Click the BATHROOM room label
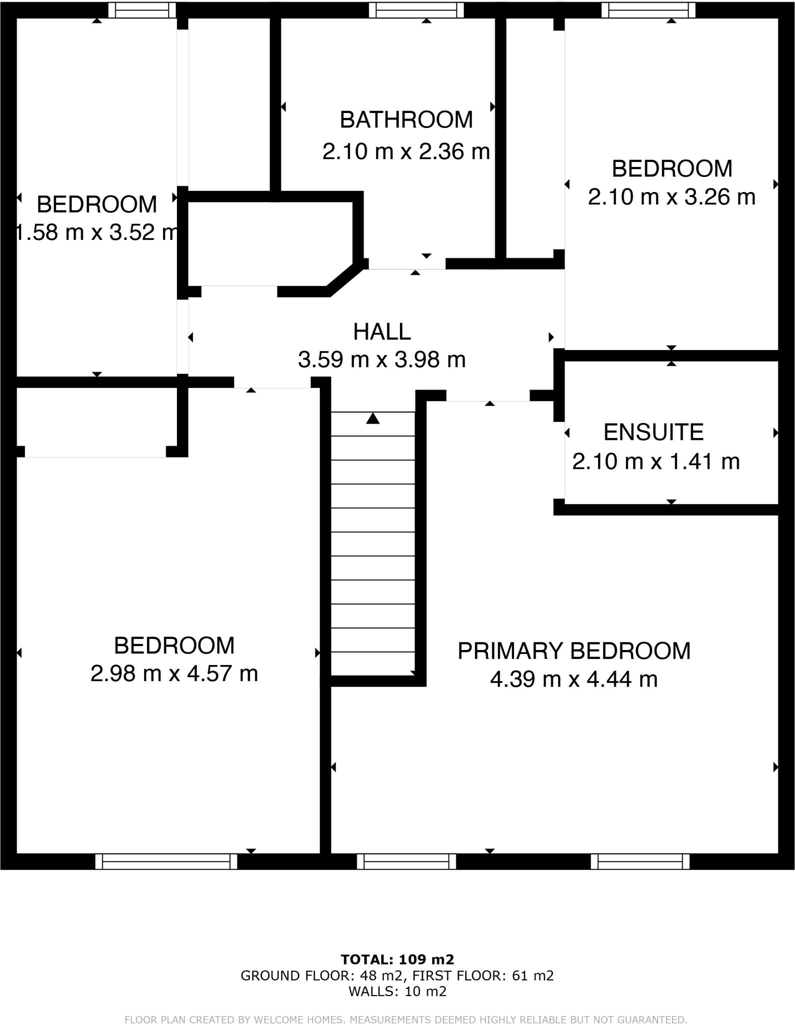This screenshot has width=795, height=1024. click(x=406, y=120)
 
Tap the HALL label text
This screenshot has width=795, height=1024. click(x=382, y=332)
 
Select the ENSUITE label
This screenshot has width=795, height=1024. click(x=653, y=432)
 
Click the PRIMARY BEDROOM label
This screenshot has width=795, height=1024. click(x=574, y=651)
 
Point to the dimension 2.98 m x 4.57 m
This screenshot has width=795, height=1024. click(x=174, y=673)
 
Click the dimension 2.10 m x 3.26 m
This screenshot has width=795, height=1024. click(x=671, y=197)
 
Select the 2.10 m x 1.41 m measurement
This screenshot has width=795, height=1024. click(x=655, y=461)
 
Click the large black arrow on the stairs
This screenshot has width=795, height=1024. click(x=372, y=418)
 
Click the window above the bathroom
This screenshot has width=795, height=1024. click(x=416, y=10)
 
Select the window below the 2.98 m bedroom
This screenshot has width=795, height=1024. click(x=166, y=861)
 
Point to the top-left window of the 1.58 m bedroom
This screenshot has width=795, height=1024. click(x=142, y=10)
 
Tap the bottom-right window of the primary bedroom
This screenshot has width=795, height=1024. click(x=640, y=861)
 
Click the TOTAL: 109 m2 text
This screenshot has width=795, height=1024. click(x=397, y=959)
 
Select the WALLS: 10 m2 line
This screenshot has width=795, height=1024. click(x=397, y=991)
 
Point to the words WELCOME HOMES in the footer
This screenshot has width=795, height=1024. click(x=299, y=1015)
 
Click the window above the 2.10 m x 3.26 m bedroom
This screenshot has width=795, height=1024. click(x=648, y=10)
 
